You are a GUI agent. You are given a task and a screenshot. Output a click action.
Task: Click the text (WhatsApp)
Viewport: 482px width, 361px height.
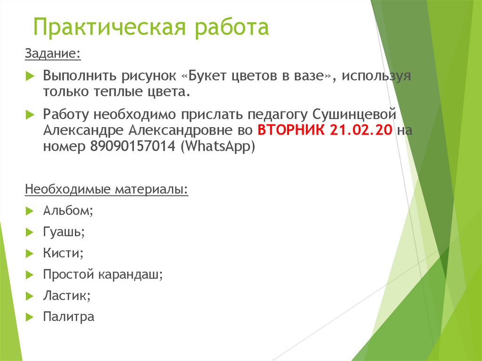coord(217,145)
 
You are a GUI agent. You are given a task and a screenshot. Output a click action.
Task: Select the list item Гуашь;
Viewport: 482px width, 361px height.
coord(64,232)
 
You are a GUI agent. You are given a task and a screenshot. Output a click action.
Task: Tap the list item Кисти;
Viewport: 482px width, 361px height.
coord(63,253)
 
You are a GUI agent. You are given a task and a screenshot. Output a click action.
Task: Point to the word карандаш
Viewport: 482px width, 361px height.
coord(130,274)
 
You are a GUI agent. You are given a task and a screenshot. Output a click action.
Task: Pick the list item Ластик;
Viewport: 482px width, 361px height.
coord(66,296)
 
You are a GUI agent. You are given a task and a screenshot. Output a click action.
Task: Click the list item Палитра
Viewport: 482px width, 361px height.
coord(69,317)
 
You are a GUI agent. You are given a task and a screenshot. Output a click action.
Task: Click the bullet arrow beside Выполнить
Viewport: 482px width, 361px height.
coord(29,76)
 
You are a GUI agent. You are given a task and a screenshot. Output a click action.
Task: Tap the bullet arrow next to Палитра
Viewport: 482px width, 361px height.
coord(29,317)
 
